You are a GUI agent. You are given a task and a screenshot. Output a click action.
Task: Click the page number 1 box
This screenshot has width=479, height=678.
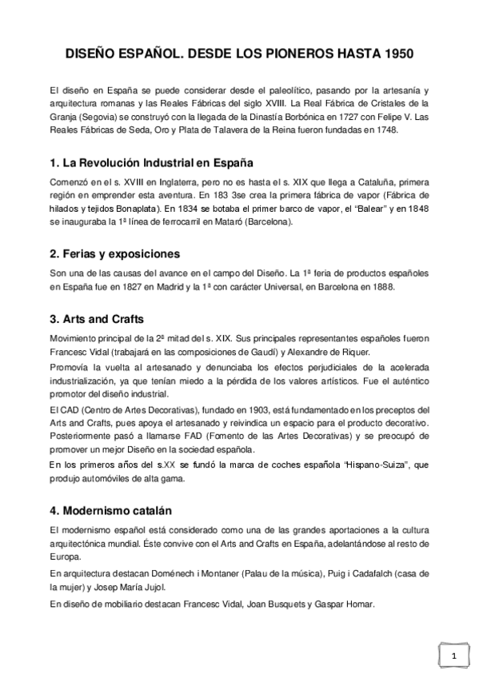click(453, 656)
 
